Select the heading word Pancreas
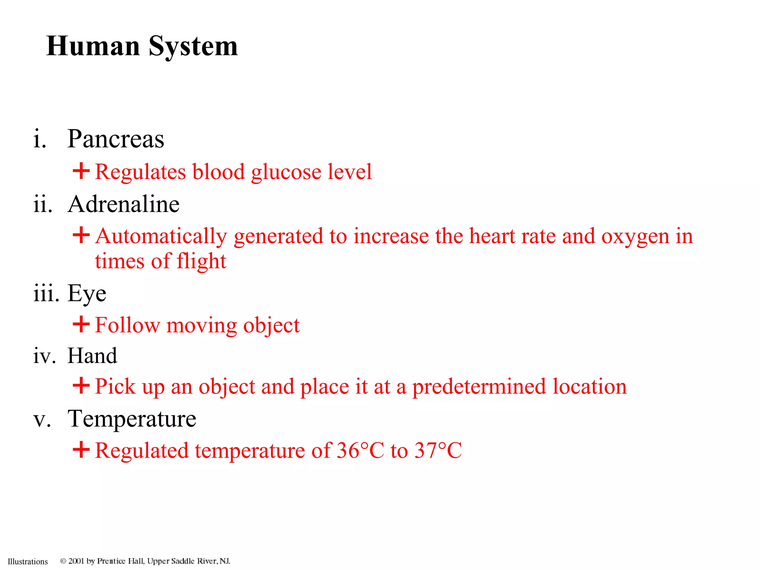point(115,139)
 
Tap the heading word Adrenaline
point(124,204)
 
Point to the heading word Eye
point(87,294)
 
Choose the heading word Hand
point(92,356)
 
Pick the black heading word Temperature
point(132,419)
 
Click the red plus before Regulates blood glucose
point(81,171)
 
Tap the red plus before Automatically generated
point(81,235)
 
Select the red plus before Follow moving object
point(81,324)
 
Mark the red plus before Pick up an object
point(81,386)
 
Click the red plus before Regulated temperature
point(81,450)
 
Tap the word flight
point(201,262)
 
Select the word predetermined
point(479,387)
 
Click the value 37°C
point(438,451)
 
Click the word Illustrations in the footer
point(28,561)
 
